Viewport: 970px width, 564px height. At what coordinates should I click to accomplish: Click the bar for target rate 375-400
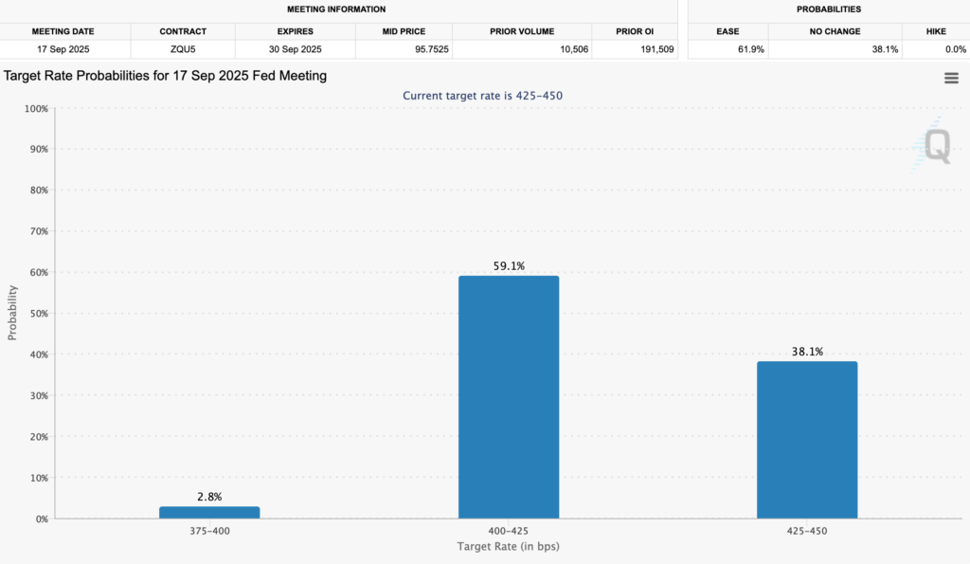(208, 512)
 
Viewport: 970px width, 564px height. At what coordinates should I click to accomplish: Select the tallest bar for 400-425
(508, 397)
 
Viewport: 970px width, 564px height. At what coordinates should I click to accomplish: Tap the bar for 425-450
(807, 440)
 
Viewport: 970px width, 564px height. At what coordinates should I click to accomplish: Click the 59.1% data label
(508, 266)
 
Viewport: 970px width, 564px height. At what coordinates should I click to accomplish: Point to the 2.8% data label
(208, 497)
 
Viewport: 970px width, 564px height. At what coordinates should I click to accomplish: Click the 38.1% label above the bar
(807, 352)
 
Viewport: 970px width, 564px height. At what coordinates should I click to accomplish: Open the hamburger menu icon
(951, 79)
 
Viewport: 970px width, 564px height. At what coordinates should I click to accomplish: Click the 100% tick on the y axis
(34, 109)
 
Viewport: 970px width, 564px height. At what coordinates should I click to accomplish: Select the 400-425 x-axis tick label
(508, 531)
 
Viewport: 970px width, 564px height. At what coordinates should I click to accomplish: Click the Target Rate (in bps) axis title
(508, 547)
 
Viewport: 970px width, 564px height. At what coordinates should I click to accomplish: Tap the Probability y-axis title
(13, 314)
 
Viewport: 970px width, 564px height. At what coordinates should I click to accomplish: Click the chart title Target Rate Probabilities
(166, 76)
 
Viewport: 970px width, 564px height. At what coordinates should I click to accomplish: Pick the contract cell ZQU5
(183, 49)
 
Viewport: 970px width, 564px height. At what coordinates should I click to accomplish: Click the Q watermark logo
(935, 147)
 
